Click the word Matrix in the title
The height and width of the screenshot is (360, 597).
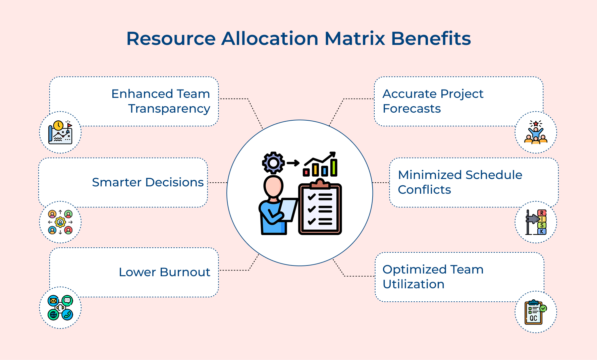(355, 39)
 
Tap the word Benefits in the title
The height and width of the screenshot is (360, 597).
(431, 39)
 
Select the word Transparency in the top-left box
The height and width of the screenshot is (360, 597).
(169, 109)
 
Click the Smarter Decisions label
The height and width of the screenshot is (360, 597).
(148, 182)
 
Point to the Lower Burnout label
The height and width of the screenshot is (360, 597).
(164, 272)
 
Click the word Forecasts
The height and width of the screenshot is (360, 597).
(412, 109)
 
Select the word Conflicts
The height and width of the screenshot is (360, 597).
(424, 190)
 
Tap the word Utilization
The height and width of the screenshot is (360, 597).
(413, 284)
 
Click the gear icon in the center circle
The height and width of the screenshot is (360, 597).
(273, 163)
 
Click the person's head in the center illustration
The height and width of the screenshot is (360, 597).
(273, 187)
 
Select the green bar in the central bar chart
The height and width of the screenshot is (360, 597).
(334, 168)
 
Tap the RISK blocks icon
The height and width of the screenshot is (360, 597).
(536, 222)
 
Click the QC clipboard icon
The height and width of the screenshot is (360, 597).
(536, 312)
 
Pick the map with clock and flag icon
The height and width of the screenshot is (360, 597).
(60, 132)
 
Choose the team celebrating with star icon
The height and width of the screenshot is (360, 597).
(536, 132)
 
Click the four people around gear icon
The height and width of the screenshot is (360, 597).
(60, 222)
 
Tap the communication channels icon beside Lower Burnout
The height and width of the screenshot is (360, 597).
(60, 308)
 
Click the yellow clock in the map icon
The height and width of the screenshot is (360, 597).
(58, 126)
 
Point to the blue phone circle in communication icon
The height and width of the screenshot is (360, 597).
(67, 315)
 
